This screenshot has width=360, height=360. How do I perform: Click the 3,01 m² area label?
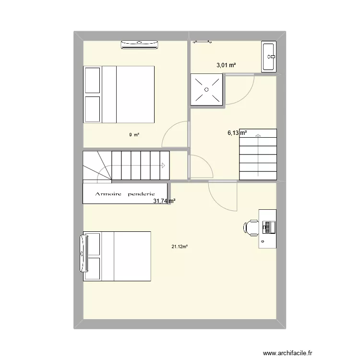point(227,66)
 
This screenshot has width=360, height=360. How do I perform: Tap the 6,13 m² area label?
point(237,133)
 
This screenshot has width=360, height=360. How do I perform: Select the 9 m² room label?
point(134,135)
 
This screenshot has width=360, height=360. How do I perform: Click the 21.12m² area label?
point(180,247)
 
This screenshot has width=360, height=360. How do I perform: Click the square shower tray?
point(206,89)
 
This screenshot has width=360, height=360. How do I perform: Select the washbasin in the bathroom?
point(269,57)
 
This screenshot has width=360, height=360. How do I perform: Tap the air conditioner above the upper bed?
point(140,45)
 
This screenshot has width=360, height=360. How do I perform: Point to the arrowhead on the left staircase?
point(164,166)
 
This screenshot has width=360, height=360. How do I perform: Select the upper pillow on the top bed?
point(92,79)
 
